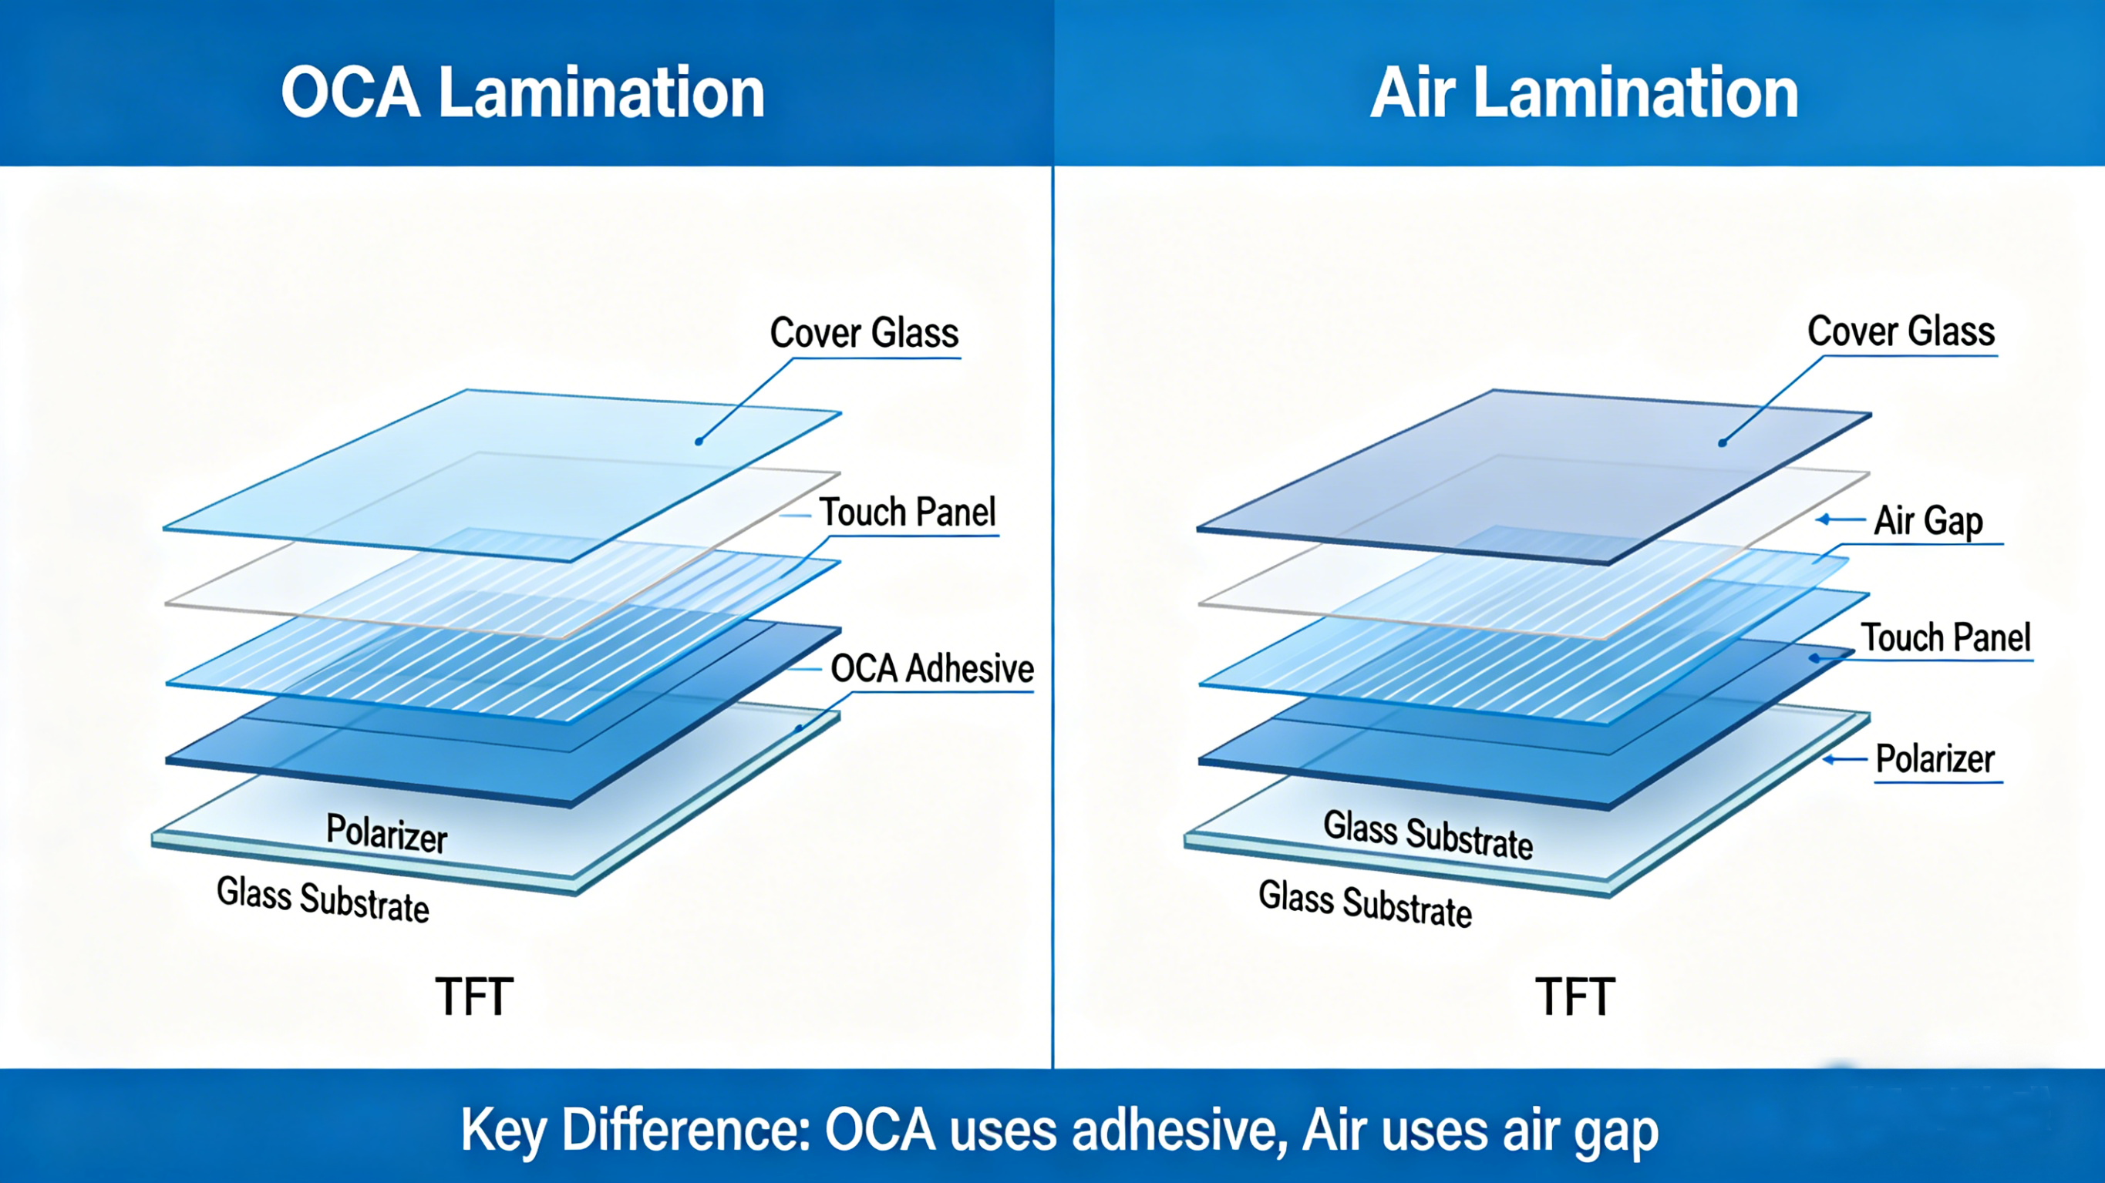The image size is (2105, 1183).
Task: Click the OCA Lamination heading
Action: click(523, 92)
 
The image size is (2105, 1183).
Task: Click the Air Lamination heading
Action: click(1584, 92)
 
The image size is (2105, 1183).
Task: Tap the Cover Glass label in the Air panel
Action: click(1901, 331)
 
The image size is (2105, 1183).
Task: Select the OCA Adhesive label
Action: click(931, 668)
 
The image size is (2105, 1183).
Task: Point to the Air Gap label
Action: click(1928, 520)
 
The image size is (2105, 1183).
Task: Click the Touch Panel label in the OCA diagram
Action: click(907, 513)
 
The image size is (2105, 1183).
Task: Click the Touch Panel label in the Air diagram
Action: click(1945, 637)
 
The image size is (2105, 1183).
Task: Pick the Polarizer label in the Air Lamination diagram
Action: click(1935, 759)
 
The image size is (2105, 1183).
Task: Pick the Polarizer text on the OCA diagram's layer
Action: click(386, 833)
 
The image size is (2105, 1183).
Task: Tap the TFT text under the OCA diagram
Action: click(474, 996)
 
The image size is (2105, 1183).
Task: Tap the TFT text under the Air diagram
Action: click(1575, 996)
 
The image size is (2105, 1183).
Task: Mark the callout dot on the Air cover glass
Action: click(1722, 443)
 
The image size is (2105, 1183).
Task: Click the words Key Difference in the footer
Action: click(633, 1131)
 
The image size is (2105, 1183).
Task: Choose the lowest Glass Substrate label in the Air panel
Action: click(1365, 902)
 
